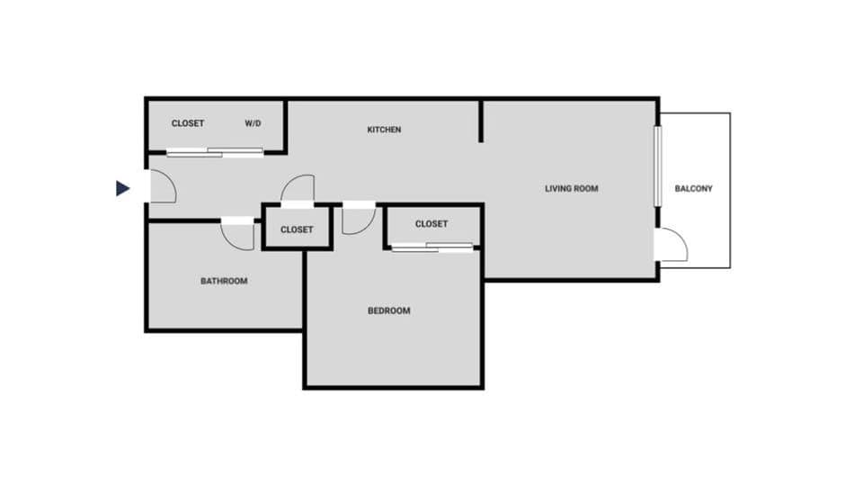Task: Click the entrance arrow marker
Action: (x=122, y=188)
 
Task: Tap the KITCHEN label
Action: (x=384, y=130)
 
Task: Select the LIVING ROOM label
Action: (x=571, y=189)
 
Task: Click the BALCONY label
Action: (x=693, y=189)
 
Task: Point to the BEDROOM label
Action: (x=388, y=310)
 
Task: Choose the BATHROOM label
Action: (x=224, y=281)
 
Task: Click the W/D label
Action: (x=253, y=123)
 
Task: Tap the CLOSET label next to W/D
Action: (x=188, y=123)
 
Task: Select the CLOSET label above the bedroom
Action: (x=431, y=224)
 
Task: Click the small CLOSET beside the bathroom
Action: (x=297, y=229)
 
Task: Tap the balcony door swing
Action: (x=672, y=246)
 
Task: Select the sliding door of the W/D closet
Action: (x=216, y=153)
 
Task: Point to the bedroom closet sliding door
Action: (x=432, y=247)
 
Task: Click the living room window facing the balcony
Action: (x=657, y=166)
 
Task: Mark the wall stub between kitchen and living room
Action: (x=481, y=121)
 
